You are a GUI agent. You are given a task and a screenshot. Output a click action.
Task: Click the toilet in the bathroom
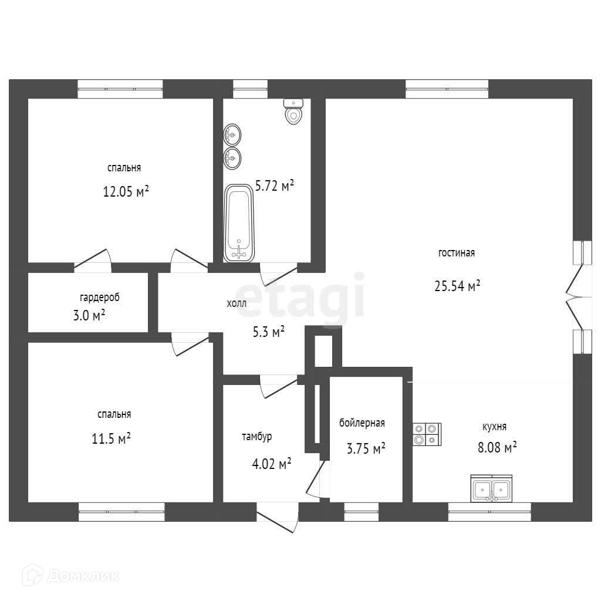[293, 112]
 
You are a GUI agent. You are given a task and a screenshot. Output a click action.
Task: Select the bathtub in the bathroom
[239, 224]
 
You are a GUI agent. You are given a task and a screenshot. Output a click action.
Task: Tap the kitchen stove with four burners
[427, 434]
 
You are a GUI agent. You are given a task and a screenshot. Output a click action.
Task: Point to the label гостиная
[456, 254]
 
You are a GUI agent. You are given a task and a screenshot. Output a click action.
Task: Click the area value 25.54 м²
[457, 286]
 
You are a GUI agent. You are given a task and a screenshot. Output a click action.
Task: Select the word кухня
[494, 427]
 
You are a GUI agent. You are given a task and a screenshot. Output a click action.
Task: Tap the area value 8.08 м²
[497, 448]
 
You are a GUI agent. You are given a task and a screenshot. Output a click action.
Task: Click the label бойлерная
[362, 423]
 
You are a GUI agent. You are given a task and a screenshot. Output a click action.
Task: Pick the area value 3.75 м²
[366, 449]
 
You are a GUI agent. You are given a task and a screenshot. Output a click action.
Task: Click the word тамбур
[256, 437]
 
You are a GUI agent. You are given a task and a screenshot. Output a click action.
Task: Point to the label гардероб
[100, 298]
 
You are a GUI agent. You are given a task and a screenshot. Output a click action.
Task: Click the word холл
[237, 303]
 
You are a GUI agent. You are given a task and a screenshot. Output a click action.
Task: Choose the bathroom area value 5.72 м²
[274, 187]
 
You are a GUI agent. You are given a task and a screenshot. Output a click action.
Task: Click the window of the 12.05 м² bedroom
[120, 89]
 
